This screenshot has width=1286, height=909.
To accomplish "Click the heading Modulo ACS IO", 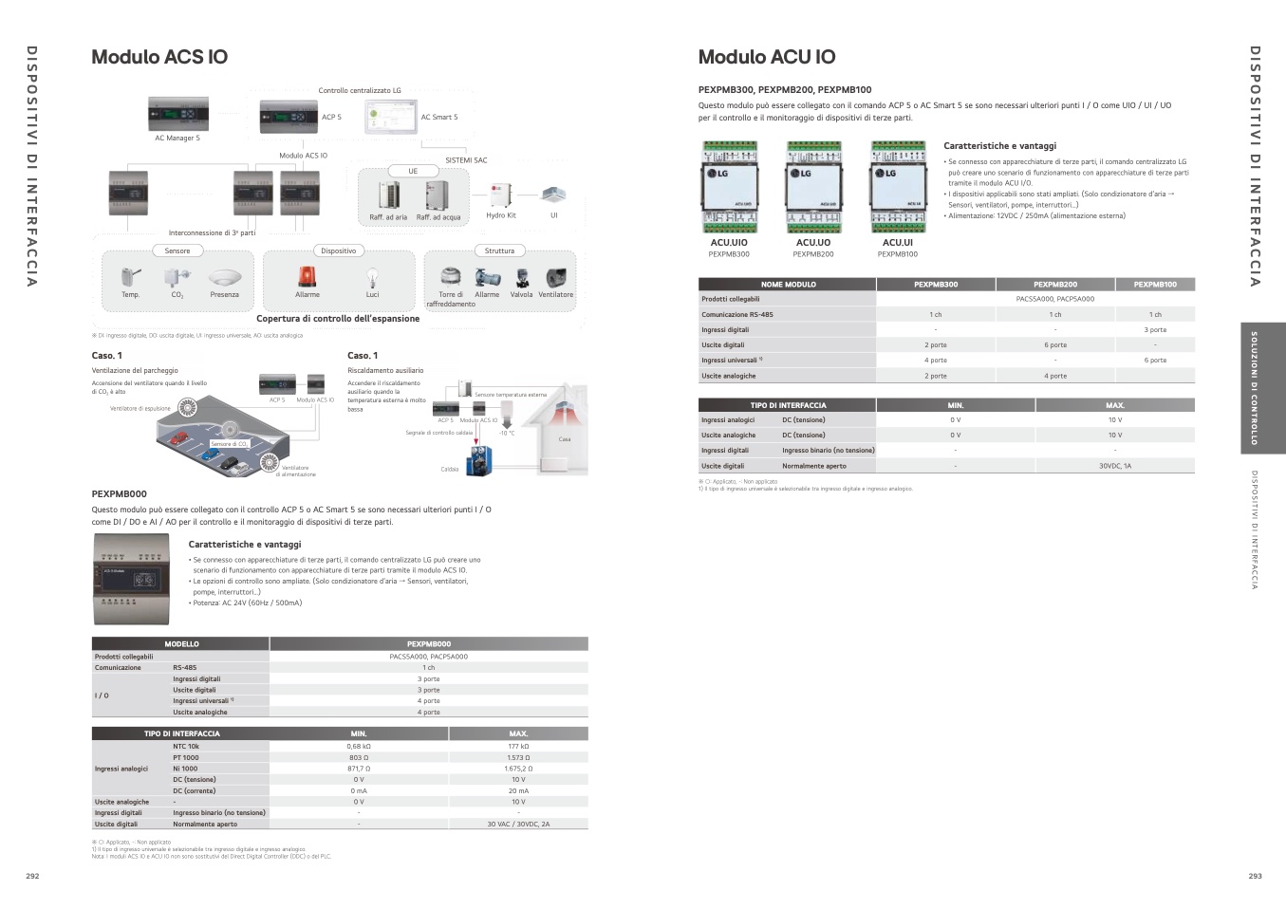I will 159,57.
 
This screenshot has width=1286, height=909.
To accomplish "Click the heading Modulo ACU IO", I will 767,57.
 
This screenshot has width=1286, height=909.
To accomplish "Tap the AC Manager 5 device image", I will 177,114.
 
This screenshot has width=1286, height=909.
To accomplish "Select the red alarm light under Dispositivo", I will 307,276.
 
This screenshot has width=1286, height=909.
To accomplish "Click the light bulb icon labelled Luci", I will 372,278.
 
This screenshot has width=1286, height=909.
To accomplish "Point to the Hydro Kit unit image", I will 500,195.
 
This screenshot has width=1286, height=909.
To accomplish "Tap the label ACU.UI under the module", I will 897,243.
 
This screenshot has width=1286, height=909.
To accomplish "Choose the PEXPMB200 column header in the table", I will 1054,284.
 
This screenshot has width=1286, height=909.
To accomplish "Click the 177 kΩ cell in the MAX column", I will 518,747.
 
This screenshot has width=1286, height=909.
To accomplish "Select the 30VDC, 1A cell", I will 1114,466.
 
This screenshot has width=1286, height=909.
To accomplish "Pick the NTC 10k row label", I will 186,747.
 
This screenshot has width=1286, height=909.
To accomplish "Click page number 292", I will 32,876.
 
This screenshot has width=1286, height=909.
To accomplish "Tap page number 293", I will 1255,876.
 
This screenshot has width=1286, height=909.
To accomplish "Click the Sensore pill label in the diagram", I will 177,251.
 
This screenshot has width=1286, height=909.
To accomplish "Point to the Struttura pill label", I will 499,251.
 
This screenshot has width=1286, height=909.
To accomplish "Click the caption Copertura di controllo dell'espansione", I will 338,319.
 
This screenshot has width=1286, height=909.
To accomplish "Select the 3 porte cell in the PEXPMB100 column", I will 1155,330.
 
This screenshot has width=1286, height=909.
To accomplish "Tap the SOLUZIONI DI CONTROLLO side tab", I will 1254,388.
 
